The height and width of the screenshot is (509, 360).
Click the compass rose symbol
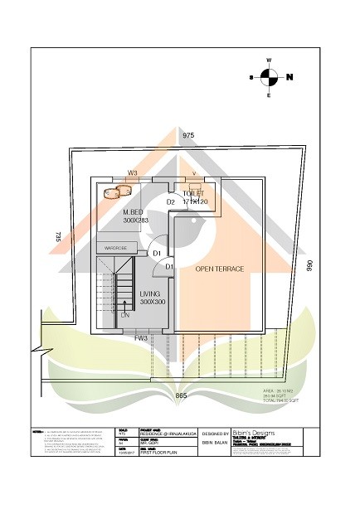tap(269, 77)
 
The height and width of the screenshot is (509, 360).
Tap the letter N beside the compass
tap(289, 77)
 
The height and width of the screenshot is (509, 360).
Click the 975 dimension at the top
tap(188, 134)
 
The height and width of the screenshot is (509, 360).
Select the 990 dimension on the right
tap(309, 266)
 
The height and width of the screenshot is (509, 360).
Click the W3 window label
tap(132, 173)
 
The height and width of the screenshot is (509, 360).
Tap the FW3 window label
tap(141, 338)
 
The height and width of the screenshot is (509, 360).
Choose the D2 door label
tap(170, 201)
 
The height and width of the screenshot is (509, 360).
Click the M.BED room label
tap(134, 213)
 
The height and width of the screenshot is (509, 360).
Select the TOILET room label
tap(193, 193)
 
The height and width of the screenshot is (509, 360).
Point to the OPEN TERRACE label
tap(219, 269)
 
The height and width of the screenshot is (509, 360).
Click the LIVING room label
tap(150, 294)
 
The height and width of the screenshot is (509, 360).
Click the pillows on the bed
tap(118, 191)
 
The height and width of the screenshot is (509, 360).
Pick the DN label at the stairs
tap(125, 315)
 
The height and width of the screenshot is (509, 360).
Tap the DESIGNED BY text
tap(215, 434)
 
